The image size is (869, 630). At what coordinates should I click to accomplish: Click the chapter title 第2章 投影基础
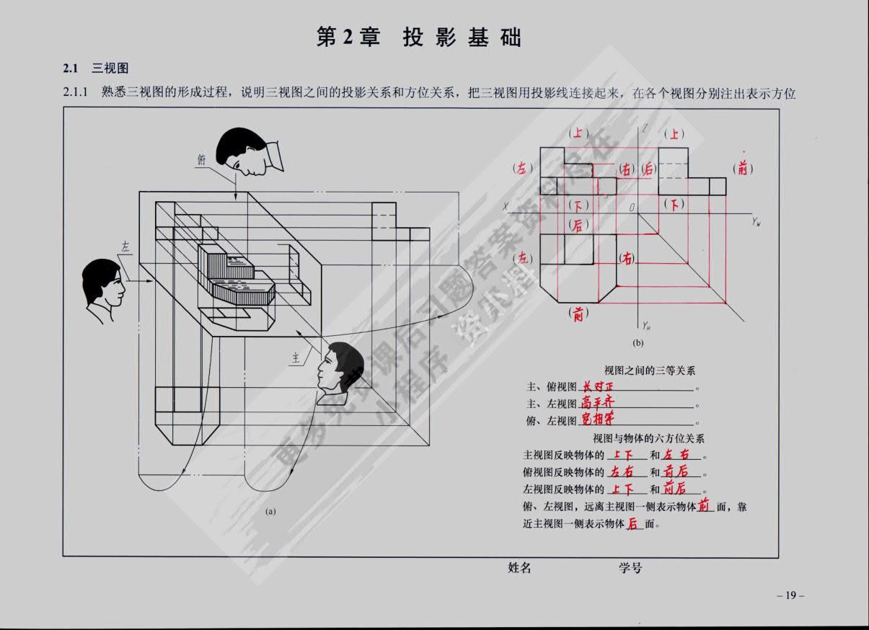(419, 37)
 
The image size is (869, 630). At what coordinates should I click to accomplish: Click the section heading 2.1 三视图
(95, 69)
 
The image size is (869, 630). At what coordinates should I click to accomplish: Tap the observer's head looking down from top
(243, 151)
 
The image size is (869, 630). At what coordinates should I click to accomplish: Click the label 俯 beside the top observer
(201, 160)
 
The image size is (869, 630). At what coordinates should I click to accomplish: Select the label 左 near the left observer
(125, 247)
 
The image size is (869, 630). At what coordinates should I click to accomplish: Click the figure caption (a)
(271, 511)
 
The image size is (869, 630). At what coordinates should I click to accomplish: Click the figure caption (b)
(638, 343)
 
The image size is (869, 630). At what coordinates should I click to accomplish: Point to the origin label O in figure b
(631, 208)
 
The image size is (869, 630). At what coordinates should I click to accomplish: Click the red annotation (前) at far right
(743, 169)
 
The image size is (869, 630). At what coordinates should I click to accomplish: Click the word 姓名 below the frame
(519, 568)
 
